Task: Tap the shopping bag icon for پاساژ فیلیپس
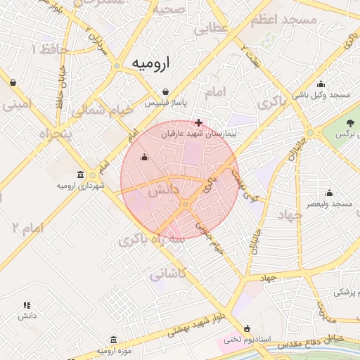click(165, 91)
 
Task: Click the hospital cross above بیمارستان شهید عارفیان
click(199, 122)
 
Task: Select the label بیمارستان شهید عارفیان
click(199, 132)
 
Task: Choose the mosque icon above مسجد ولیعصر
click(329, 192)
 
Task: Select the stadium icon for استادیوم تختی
click(247, 328)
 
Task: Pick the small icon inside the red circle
click(145, 157)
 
